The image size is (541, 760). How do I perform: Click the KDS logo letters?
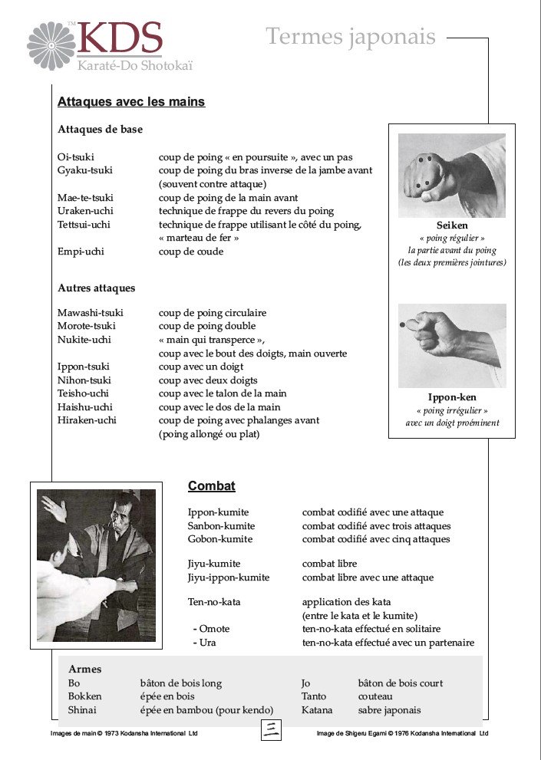pos(120,38)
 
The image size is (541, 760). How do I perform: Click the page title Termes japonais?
pos(351,36)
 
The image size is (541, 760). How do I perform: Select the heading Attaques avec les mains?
pos(131,102)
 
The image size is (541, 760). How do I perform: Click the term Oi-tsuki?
pos(76,157)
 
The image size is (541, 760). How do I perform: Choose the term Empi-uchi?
pos(81,252)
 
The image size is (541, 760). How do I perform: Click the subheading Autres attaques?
pos(97,288)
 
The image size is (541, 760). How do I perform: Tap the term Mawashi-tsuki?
pos(91,313)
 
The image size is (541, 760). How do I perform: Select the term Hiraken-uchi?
pos(87,420)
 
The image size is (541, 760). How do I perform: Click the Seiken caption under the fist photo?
pos(452,226)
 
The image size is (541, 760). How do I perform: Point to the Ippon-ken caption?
pos(452,397)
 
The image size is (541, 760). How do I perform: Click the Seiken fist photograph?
pos(452,175)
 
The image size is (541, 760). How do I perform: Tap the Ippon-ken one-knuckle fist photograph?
pos(452,345)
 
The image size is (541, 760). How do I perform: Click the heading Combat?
pos(212,486)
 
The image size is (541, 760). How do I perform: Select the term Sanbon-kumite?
pos(222,526)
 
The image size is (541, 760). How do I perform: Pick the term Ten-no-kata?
pos(214,602)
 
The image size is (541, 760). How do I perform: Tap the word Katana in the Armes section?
pos(317,710)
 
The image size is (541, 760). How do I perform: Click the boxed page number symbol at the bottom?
pos(270,730)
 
